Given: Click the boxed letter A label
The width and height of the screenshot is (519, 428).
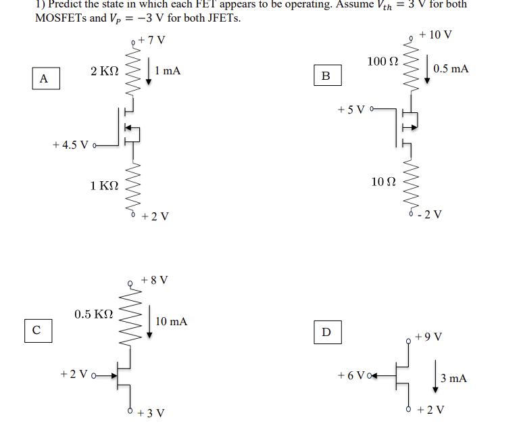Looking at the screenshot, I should click(x=44, y=78).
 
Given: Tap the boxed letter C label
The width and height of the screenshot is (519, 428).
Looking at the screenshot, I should click(x=36, y=330).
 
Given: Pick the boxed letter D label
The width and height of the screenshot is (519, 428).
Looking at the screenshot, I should click(x=327, y=332).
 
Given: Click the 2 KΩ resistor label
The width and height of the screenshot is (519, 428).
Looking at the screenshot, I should click(x=104, y=70).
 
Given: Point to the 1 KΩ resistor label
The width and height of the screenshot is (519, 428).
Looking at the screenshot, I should click(x=104, y=186).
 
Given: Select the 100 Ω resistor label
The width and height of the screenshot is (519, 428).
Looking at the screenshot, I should click(x=383, y=62).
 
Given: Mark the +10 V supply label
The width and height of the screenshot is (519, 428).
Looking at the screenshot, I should click(x=435, y=34).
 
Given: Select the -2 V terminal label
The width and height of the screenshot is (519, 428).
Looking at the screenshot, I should click(x=430, y=215).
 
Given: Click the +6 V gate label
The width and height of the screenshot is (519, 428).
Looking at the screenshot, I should click(x=351, y=375).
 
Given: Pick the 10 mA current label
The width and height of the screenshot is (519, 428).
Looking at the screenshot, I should click(x=171, y=321).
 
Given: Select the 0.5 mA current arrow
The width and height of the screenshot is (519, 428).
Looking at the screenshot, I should click(x=427, y=70).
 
